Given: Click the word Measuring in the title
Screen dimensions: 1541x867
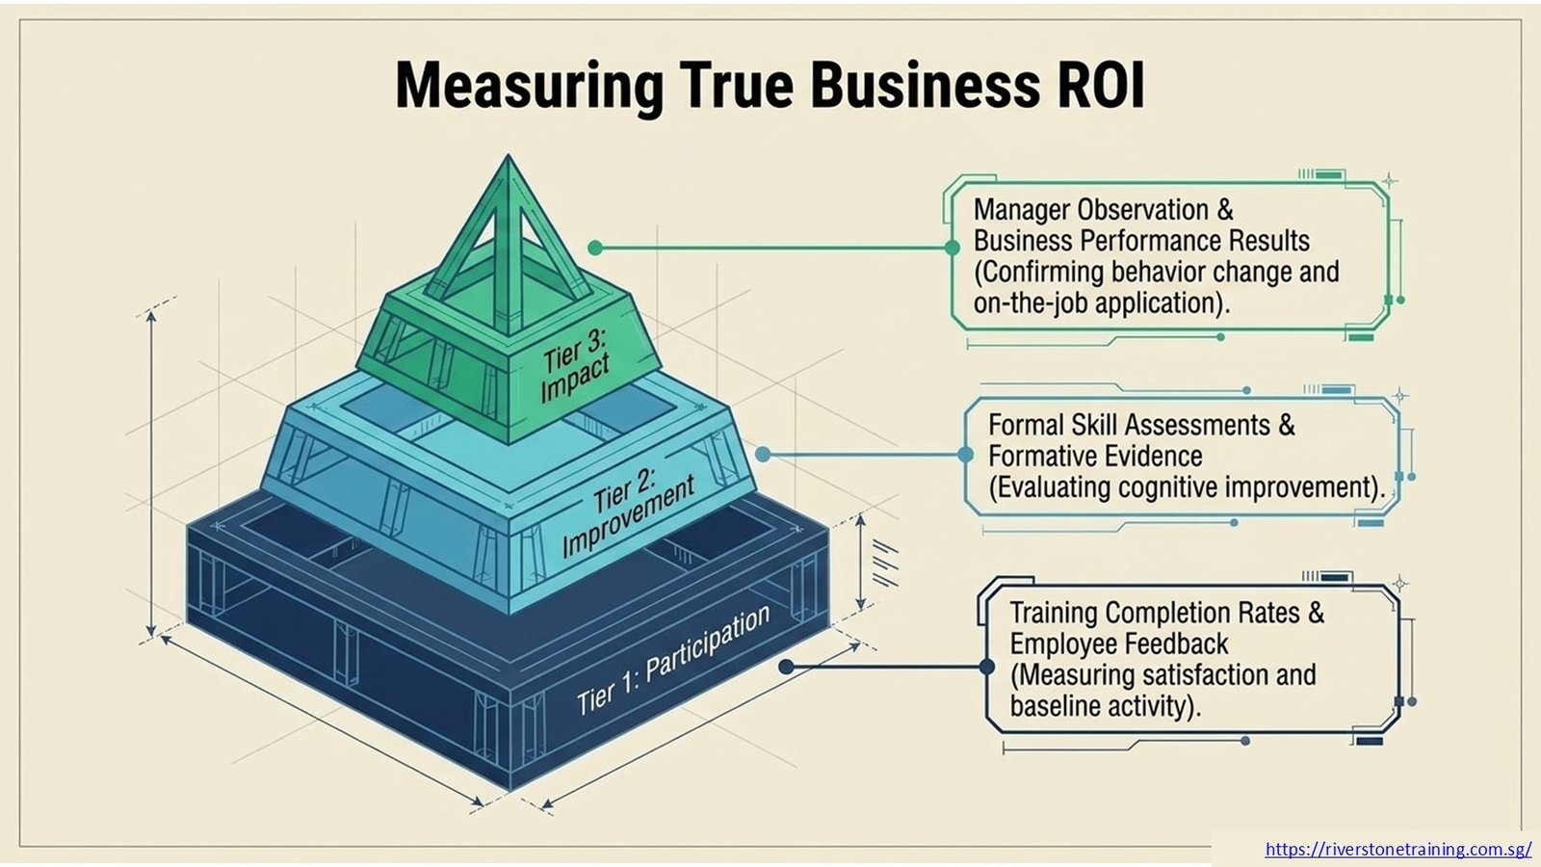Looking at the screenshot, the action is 530,88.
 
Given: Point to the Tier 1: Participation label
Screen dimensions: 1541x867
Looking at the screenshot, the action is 672,661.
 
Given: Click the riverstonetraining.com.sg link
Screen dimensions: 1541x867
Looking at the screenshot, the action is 1397,849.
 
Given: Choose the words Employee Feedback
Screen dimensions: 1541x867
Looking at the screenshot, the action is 1118,644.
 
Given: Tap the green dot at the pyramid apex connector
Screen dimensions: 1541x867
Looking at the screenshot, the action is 596,248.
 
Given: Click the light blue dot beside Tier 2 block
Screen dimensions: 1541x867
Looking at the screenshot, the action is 762,454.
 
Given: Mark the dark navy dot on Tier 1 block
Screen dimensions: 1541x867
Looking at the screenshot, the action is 786,667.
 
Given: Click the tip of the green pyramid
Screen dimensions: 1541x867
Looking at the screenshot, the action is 509,155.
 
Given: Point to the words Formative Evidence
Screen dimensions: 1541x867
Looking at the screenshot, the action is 1095,457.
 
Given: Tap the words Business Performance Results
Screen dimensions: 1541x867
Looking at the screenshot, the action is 1141,241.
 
